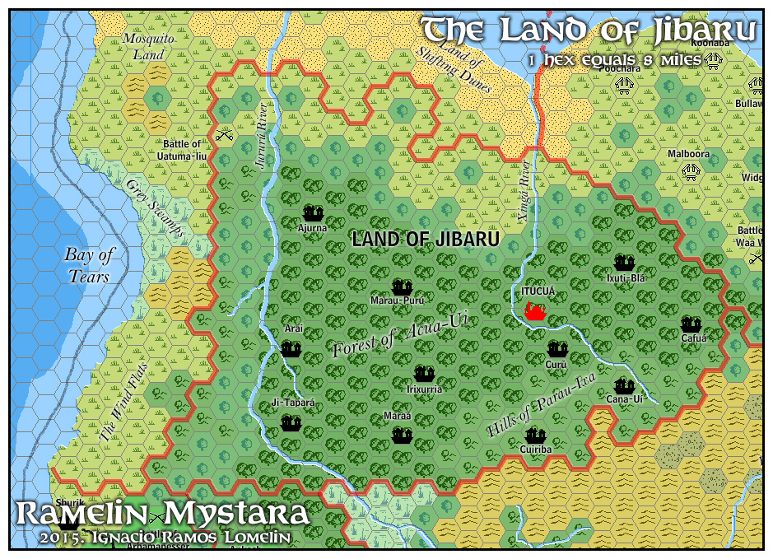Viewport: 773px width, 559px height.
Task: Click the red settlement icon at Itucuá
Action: (536, 312)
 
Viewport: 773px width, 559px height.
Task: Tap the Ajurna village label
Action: (312, 228)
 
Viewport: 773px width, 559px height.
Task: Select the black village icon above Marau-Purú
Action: (402, 287)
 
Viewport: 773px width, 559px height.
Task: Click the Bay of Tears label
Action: (89, 265)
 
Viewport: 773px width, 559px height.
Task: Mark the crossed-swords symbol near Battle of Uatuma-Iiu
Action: (224, 133)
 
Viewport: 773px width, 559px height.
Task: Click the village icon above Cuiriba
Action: (537, 435)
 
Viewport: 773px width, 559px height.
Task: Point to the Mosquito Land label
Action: (149, 46)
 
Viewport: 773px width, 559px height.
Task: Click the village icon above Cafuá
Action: (690, 324)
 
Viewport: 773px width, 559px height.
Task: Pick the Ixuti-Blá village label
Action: (625, 278)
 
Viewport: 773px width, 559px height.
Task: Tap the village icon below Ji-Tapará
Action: (291, 423)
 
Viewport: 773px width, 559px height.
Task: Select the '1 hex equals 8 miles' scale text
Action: (615, 59)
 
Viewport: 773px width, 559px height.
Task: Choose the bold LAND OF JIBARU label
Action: (425, 240)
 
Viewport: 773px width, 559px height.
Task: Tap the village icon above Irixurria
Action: (424, 374)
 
